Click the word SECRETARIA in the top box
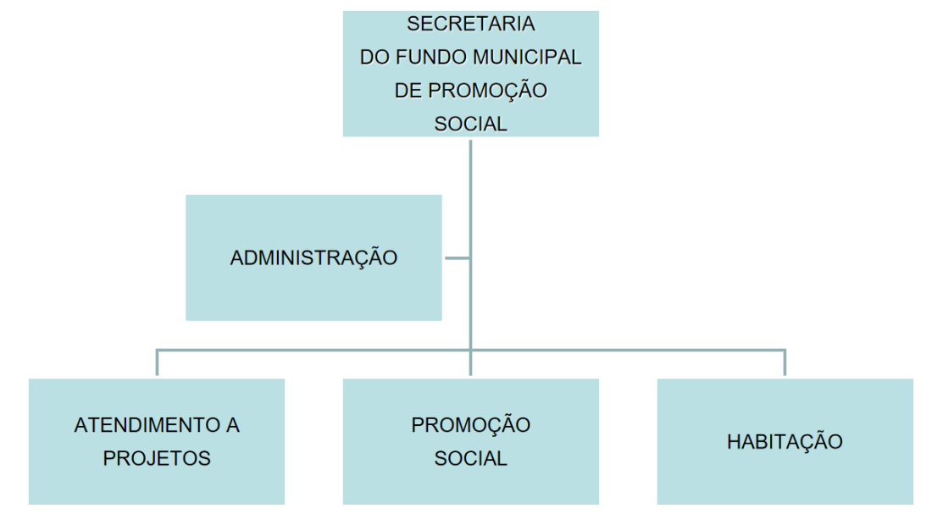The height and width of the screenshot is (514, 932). (471, 24)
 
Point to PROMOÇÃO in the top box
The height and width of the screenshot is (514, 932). (487, 91)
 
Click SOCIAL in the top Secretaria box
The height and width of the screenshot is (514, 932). (471, 124)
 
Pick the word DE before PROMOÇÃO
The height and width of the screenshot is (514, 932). (408, 91)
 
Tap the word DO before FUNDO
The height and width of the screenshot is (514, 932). (374, 57)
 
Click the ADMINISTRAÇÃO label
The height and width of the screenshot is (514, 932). (313, 257)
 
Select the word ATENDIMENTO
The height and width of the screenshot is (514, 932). (147, 425)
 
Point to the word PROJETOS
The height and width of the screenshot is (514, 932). (157, 458)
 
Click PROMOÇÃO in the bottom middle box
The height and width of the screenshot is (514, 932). (471, 424)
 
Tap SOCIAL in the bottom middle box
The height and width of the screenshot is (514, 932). (471, 458)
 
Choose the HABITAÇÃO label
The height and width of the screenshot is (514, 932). (785, 441)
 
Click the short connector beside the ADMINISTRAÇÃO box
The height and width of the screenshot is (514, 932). (457, 258)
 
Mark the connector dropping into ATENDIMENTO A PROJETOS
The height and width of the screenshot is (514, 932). (157, 362)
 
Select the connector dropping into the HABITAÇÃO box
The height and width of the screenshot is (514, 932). (785, 362)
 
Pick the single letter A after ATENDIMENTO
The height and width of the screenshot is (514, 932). (232, 425)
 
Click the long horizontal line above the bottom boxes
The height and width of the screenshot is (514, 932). (471, 351)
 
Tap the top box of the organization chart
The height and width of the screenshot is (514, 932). (471, 74)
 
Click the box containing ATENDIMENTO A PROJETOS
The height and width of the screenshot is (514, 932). (157, 441)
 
